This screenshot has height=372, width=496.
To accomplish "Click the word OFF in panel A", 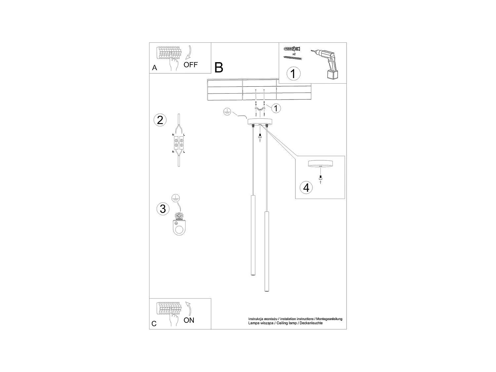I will pyautogui.click(x=191, y=65).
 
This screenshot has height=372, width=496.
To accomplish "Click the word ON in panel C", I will pyautogui.click(x=189, y=320).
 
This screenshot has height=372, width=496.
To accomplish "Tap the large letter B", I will pyautogui.click(x=219, y=67).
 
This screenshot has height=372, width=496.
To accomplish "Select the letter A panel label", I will pyautogui.click(x=154, y=68).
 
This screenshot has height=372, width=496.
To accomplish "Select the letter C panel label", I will pyautogui.click(x=154, y=324).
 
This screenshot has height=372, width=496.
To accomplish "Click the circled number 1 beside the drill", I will pyautogui.click(x=293, y=73).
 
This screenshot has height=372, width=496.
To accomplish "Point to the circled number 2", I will pyautogui.click(x=160, y=120).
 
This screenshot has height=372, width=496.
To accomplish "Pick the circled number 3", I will pyautogui.click(x=163, y=209).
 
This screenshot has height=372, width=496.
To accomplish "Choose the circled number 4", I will pyautogui.click(x=306, y=187).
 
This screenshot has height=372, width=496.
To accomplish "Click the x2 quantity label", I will pyautogui.click(x=294, y=54).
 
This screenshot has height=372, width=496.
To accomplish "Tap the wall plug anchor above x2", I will pyautogui.click(x=293, y=49).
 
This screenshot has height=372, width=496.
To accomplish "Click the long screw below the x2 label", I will pyautogui.click(x=293, y=58).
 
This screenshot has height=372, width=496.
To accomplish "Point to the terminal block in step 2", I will pyautogui.click(x=179, y=143).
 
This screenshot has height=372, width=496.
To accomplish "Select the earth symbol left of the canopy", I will pyautogui.click(x=227, y=112).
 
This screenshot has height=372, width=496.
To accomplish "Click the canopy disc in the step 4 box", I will pyautogui.click(x=320, y=164).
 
